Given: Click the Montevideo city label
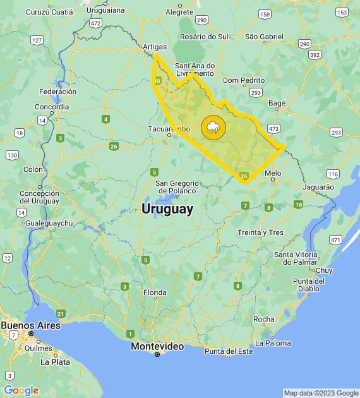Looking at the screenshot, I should click(x=157, y=346).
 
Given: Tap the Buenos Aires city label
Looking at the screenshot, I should click(x=30, y=325).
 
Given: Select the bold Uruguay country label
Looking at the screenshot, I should click(x=167, y=209).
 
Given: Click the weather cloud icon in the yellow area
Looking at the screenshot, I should click(x=213, y=128).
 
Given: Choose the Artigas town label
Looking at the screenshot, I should click(x=155, y=47).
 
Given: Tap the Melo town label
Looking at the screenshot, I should click(x=273, y=172).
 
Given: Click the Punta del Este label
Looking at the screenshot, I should click(x=228, y=351).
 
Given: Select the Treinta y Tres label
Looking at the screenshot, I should click(x=260, y=232).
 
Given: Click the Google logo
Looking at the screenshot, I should click(x=21, y=390).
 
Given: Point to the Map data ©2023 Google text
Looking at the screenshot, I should click(x=320, y=393).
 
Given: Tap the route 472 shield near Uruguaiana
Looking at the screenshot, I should click(x=95, y=23).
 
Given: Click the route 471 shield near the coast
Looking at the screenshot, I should click(x=335, y=240).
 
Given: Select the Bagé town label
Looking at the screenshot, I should click(x=277, y=102).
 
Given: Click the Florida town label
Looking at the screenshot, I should click(x=154, y=292).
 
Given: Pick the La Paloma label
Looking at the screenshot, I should click(x=273, y=343).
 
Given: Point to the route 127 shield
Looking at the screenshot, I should click(x=37, y=40).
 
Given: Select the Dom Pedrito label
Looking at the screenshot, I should click(x=243, y=80).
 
